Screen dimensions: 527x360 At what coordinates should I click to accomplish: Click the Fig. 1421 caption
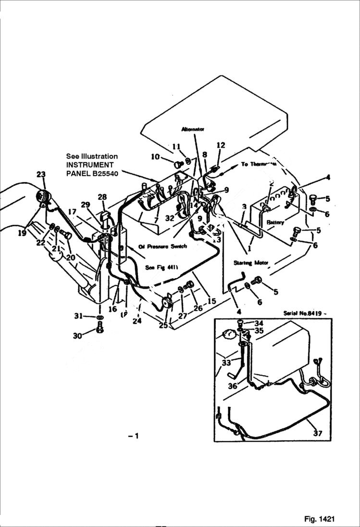(319, 519)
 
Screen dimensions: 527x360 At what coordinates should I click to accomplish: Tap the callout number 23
(40, 175)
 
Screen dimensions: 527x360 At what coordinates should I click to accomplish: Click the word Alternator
(193, 129)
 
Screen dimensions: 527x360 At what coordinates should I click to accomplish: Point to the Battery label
(275, 223)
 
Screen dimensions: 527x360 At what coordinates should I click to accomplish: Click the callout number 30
(77, 336)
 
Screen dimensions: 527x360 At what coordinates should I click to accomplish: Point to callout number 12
(221, 145)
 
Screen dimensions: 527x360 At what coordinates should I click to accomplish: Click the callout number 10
(155, 157)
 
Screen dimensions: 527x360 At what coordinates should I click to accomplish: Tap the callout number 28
(102, 197)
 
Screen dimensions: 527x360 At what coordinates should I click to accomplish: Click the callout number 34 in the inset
(259, 322)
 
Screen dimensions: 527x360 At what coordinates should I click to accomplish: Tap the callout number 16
(112, 309)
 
